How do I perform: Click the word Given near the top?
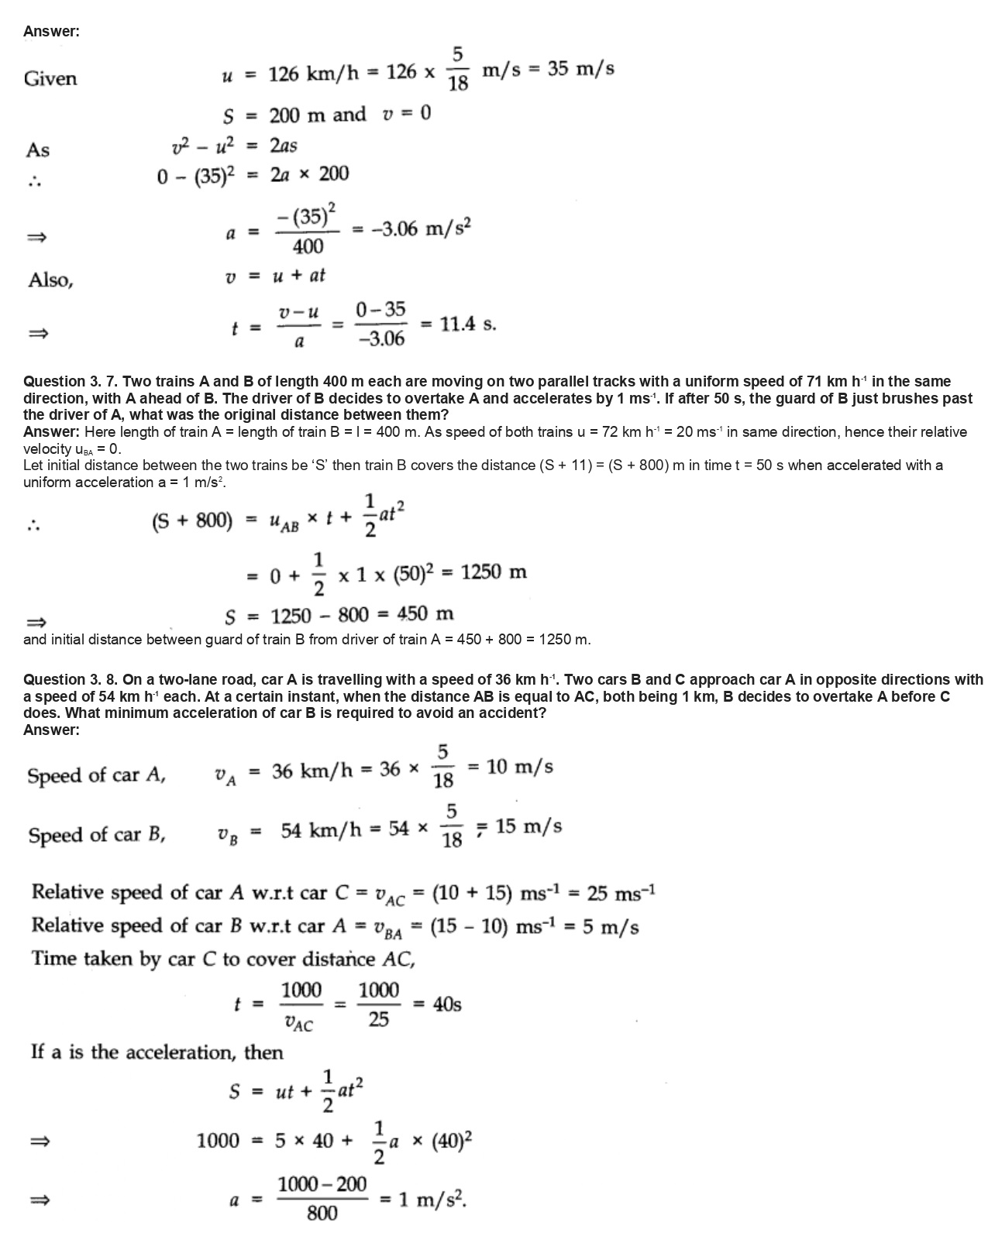[x=50, y=78]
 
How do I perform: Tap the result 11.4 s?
[x=467, y=325]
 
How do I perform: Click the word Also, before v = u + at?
[x=50, y=280]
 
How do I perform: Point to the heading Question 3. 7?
[x=71, y=381]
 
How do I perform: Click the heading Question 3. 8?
[x=71, y=679]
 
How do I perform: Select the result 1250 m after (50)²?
[x=494, y=572]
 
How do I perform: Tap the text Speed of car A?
[x=96, y=775]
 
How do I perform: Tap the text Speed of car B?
[x=96, y=835]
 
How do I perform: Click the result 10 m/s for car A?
[x=520, y=767]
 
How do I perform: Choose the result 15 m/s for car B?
[x=528, y=826]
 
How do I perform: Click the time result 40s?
[x=447, y=1005]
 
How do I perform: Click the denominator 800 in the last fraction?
[x=322, y=1214]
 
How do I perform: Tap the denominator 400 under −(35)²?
[x=308, y=247]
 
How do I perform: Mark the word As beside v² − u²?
[x=38, y=149]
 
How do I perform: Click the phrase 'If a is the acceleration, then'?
[x=157, y=1052]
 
